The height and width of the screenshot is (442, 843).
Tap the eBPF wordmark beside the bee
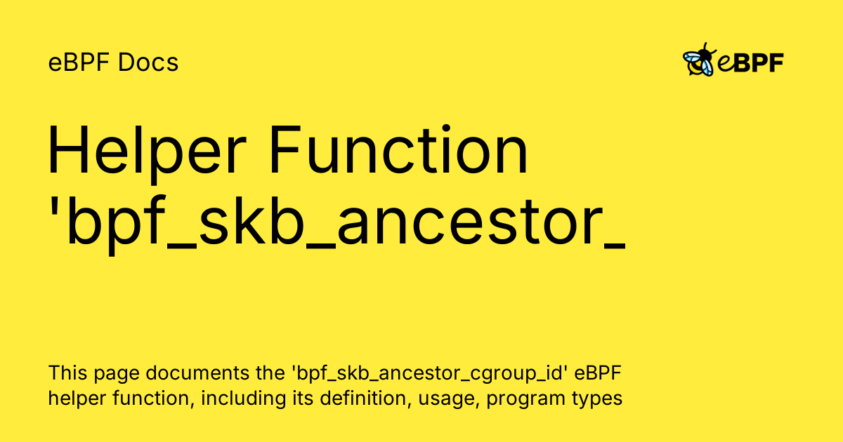(x=750, y=63)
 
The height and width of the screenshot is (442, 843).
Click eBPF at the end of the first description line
(x=601, y=373)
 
